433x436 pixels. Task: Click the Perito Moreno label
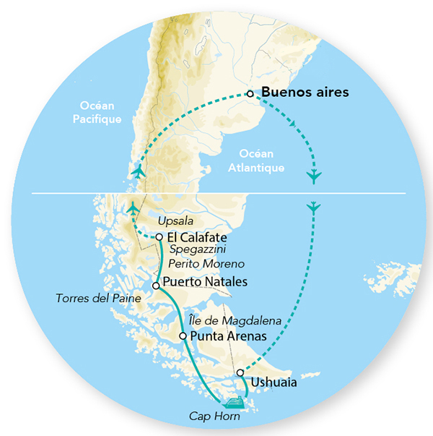[x=212, y=264]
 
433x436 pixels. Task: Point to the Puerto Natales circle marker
[x=156, y=286]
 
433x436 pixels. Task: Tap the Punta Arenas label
[x=225, y=336]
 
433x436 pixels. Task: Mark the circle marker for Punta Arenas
[x=183, y=336]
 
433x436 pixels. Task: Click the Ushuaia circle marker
[x=240, y=372]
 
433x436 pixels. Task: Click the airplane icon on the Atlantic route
[x=313, y=208]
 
